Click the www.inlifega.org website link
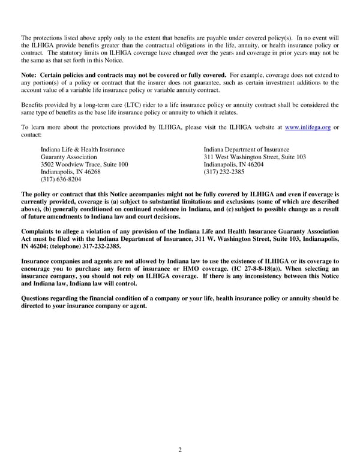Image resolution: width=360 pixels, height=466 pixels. pos(307,127)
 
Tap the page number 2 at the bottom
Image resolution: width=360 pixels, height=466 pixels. pos(180,450)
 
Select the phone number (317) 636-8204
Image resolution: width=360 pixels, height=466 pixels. pos(61,179)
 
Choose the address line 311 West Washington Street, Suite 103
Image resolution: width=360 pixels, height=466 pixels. pos(254,157)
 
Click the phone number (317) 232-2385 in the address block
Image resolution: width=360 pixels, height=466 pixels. pos(224,172)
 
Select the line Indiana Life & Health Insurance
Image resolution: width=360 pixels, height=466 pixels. pos(83,150)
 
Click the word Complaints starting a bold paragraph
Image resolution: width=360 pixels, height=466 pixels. pos(39,232)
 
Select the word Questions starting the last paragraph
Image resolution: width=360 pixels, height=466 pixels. pos(38,298)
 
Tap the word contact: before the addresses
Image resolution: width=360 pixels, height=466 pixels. pos(31,135)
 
